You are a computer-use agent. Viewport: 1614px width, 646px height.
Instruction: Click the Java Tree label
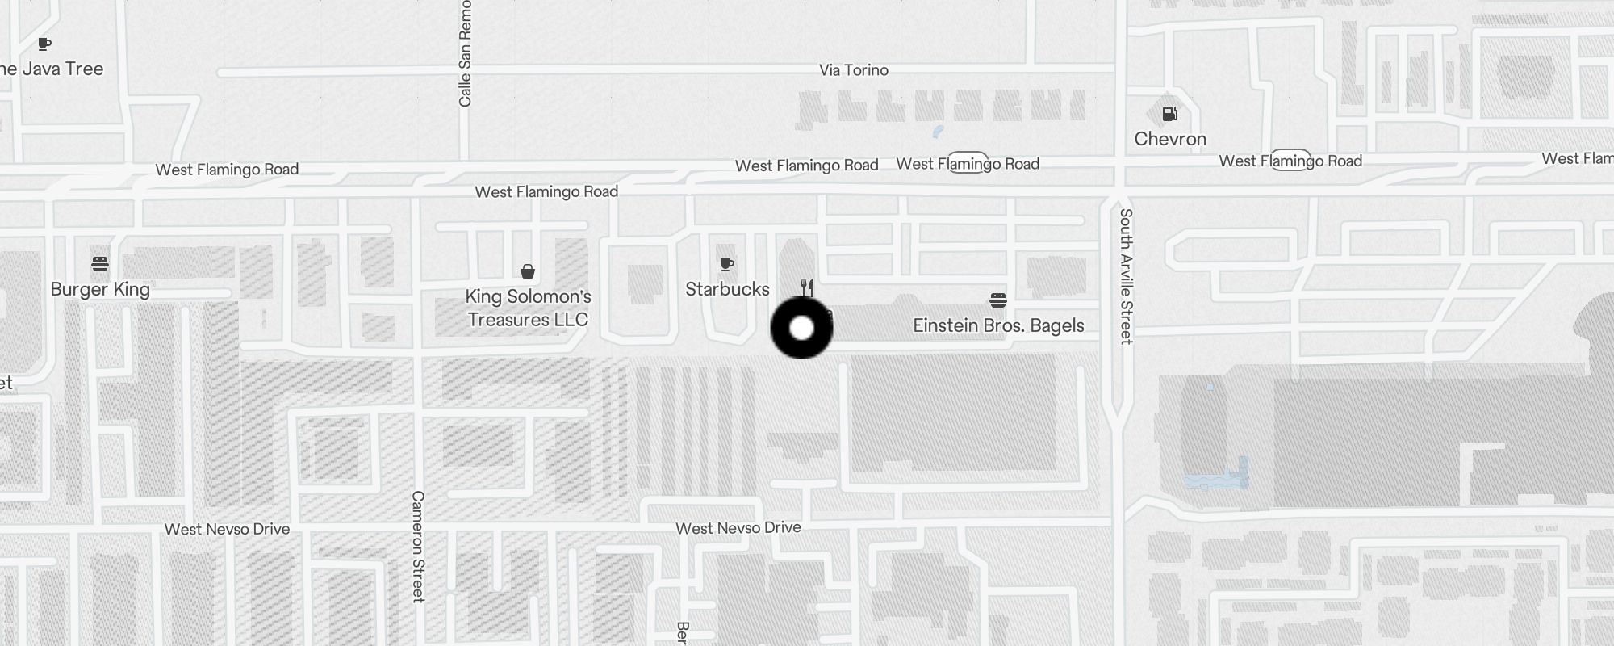[x=53, y=69]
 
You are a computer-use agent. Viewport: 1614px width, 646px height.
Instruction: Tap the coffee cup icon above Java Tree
[x=44, y=44]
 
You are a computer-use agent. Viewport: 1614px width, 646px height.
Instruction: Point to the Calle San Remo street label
[x=465, y=53]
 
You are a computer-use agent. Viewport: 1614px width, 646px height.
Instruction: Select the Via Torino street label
[x=854, y=70]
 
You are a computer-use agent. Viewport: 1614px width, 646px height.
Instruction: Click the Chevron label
[x=1170, y=139]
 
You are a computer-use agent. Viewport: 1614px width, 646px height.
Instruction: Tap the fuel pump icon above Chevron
[x=1169, y=114]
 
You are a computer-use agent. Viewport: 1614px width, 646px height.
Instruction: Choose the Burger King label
[x=100, y=289]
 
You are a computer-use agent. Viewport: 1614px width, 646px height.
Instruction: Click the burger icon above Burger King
[x=100, y=263]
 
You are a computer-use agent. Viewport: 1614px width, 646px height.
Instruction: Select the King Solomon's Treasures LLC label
[x=529, y=308]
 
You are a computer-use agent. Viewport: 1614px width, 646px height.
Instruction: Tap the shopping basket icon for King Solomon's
[x=528, y=271]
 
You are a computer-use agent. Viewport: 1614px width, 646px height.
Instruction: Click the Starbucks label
[x=727, y=289]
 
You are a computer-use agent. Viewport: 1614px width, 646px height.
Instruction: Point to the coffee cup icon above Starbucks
[x=727, y=263]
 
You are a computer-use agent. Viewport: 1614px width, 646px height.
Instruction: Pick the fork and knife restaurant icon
[x=806, y=287]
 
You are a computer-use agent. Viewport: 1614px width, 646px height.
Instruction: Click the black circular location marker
[x=801, y=328]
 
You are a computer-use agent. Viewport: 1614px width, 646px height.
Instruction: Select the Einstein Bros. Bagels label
[x=998, y=325]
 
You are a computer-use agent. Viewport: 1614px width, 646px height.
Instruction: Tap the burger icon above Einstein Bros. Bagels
[x=998, y=300]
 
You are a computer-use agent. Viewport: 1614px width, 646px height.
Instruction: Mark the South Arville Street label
[x=1127, y=276]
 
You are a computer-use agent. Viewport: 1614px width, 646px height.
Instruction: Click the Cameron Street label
[x=418, y=546]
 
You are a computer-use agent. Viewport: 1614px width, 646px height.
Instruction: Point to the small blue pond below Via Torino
[x=937, y=131]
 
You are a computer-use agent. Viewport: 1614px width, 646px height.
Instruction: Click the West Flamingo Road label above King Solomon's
[x=546, y=191]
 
